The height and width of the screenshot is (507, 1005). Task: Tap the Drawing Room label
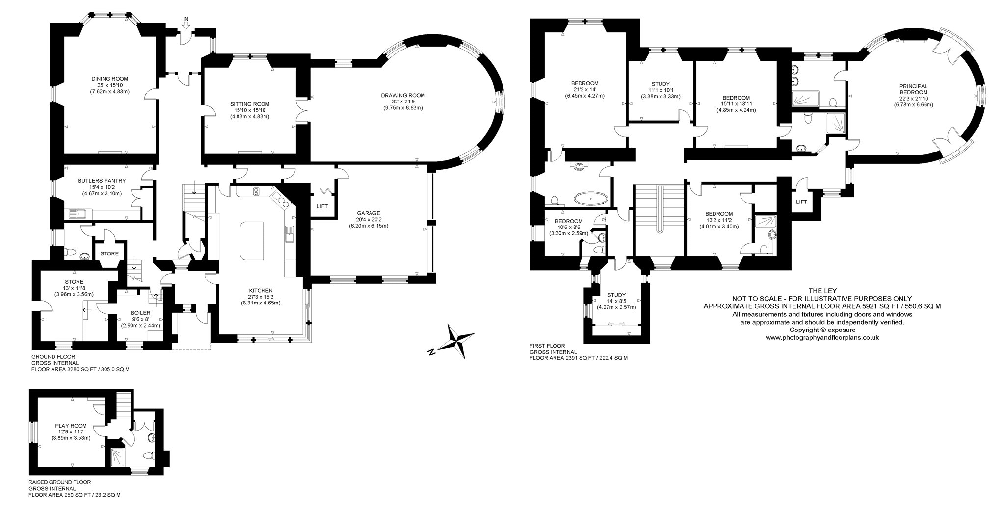pos(402,95)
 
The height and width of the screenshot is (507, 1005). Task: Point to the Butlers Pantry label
pos(102,181)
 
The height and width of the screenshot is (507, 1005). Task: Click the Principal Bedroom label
pos(913,89)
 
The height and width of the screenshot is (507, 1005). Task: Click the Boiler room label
pos(140,312)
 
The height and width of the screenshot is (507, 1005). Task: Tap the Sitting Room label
pos(250,104)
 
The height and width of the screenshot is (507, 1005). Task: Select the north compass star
pos(457,339)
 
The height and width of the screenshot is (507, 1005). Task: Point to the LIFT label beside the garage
pos(322,206)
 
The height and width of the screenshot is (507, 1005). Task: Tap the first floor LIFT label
pos(801,202)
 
